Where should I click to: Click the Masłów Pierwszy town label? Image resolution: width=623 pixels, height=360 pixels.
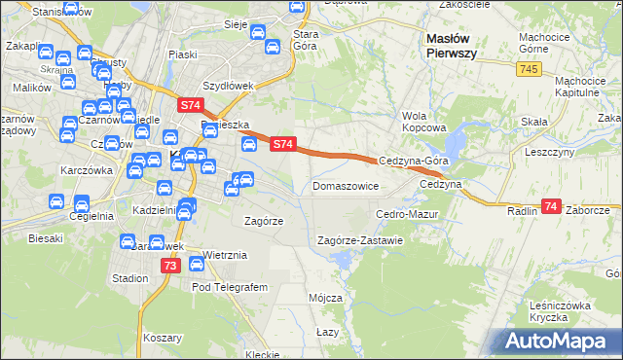click(x=451, y=46)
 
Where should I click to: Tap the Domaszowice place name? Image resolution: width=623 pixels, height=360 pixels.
click(x=346, y=185)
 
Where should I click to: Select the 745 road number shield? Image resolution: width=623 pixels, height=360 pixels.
click(x=529, y=68)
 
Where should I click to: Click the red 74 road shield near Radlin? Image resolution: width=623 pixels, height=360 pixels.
click(x=552, y=206)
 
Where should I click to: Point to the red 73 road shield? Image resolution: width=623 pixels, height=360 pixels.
click(x=171, y=266)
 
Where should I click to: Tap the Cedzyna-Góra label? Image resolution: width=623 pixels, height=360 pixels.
click(x=413, y=162)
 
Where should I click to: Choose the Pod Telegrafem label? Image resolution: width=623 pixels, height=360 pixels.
click(x=230, y=287)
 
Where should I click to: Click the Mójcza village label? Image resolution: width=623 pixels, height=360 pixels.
click(x=325, y=297)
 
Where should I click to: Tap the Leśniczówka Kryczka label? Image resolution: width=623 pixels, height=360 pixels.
click(x=562, y=311)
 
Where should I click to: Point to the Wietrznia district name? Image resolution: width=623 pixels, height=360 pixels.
click(x=225, y=255)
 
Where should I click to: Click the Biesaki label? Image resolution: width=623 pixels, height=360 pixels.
click(x=46, y=237)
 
